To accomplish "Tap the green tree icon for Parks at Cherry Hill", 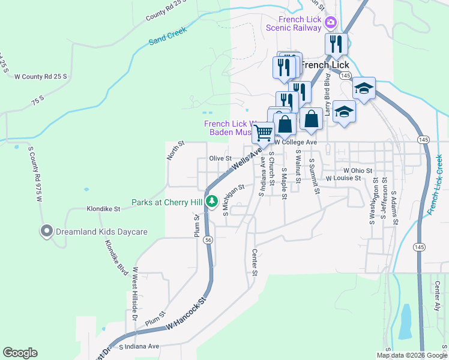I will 211,202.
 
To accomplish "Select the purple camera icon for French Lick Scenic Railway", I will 330,23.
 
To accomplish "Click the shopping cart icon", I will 263,132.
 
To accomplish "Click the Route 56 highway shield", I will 208,239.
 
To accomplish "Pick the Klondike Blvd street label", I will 117,257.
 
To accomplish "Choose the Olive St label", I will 220,158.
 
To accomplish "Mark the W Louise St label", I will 343,178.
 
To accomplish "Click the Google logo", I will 20,353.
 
